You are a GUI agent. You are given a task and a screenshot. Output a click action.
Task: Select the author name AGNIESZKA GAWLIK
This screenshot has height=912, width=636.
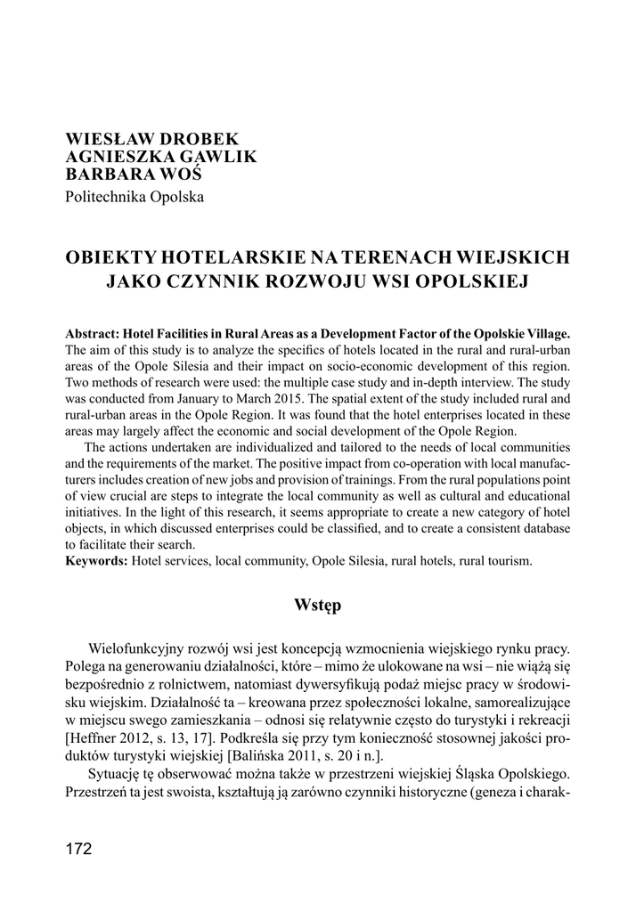pos(161,157)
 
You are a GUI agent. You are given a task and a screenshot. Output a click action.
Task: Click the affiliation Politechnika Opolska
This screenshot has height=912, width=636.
pos(135,196)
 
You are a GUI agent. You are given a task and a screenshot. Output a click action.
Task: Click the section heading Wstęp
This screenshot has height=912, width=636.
pos(317,606)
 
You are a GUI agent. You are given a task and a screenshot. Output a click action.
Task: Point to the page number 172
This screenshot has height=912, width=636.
pos(78,849)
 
